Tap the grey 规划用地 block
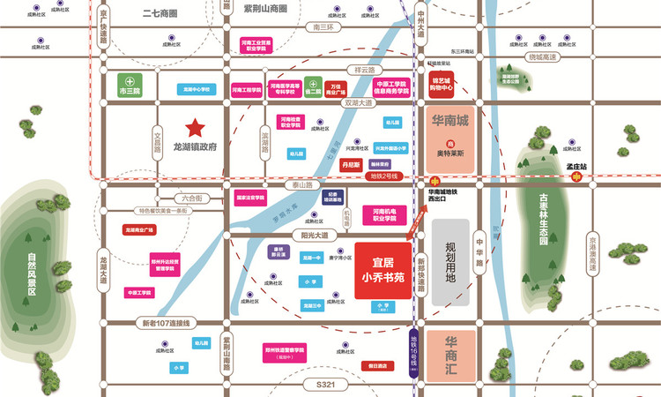tap(450, 262)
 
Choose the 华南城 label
tap(449, 118)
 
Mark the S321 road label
tap(326, 386)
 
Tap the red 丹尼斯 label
tap(350, 163)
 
